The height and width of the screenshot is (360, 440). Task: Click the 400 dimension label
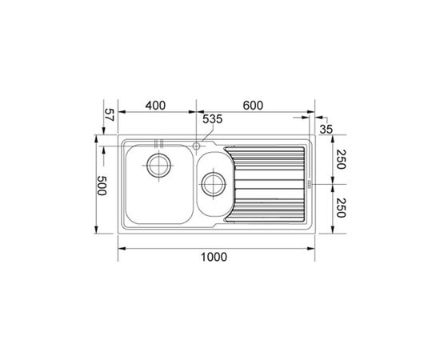click(155, 106)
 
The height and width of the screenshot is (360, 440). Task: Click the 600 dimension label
click(253, 106)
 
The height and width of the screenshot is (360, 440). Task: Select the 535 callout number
click(213, 119)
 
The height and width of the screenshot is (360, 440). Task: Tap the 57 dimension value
click(109, 114)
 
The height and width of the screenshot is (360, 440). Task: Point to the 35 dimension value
click(326, 130)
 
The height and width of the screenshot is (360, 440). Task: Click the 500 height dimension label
click(102, 186)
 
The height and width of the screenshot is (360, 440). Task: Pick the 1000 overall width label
click(214, 257)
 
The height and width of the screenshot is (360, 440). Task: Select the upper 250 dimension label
click(340, 159)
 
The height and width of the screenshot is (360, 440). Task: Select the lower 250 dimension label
click(340, 208)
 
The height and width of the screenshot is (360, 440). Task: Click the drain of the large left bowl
click(159, 166)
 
